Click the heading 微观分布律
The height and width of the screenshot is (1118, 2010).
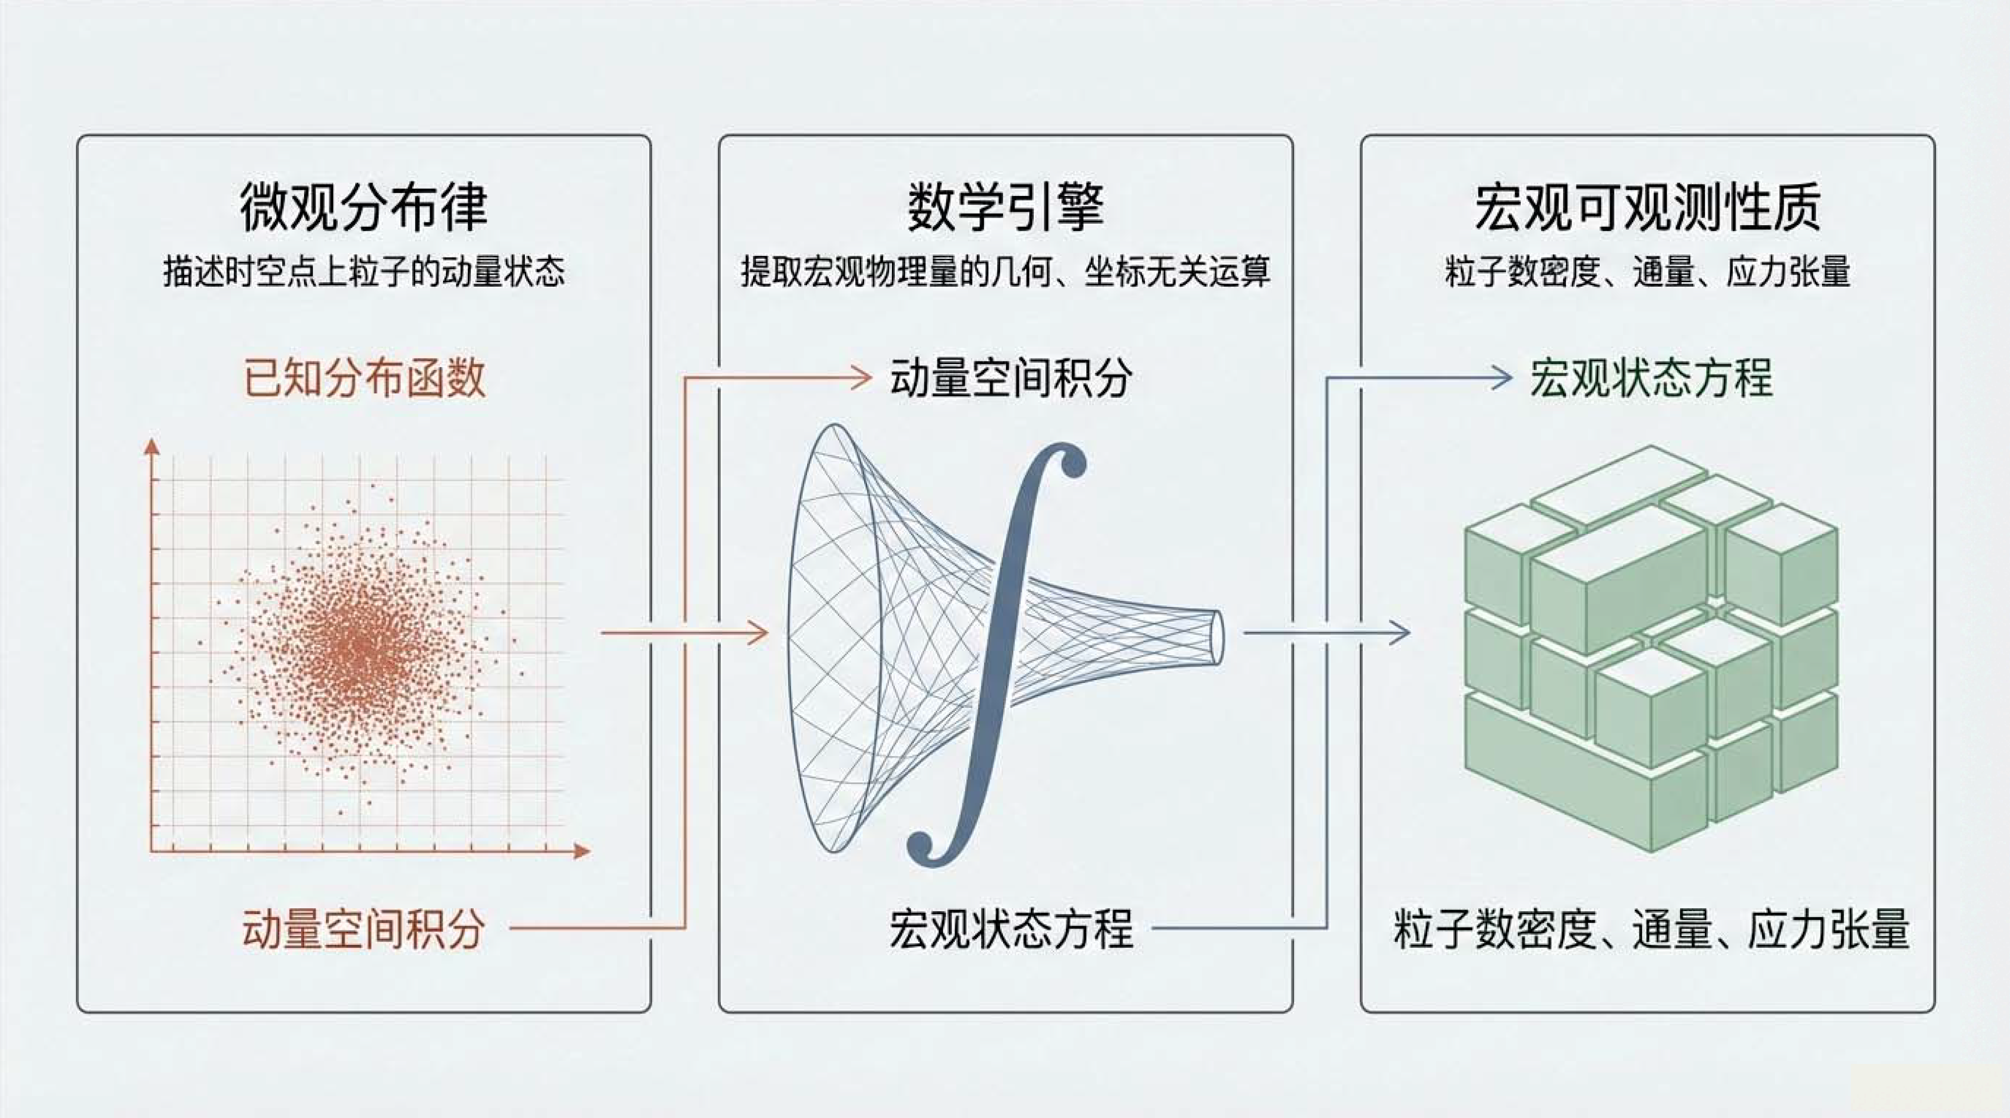point(364,207)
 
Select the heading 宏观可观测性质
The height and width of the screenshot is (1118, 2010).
point(1648,207)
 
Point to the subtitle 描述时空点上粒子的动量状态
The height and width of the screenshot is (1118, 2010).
point(364,272)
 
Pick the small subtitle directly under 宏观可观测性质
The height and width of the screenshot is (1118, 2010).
point(1648,272)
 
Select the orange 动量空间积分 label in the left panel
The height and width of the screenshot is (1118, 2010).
point(364,929)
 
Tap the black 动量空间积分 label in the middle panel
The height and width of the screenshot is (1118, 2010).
point(1011,378)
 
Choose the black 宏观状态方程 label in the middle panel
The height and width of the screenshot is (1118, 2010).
point(1011,929)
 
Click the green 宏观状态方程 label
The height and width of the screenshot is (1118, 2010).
point(1651,378)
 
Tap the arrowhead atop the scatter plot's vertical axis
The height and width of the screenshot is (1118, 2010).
point(152,447)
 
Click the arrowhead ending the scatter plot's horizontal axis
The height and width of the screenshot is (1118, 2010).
point(581,850)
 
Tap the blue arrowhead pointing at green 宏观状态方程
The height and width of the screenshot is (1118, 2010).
point(1502,378)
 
